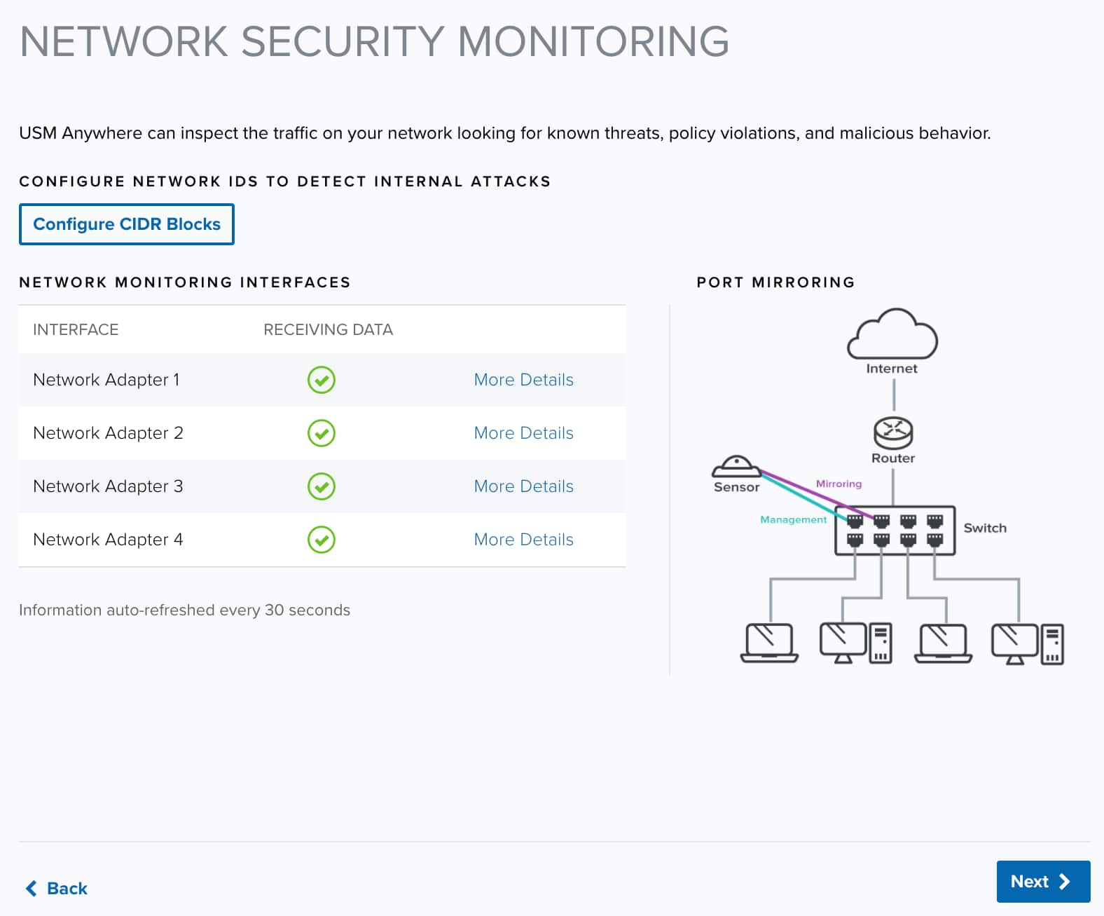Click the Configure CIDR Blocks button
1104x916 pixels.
[126, 224]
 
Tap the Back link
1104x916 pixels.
[57, 888]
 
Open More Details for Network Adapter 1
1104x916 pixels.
[523, 379]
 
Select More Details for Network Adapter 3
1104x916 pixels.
[523, 486]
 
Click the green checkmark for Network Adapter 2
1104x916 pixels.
[321, 433]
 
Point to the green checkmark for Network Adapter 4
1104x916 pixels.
[321, 539]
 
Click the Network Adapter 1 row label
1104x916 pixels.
[106, 379]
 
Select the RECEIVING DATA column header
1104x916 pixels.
[328, 329]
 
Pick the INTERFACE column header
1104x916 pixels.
[76, 329]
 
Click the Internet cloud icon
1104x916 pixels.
[892, 335]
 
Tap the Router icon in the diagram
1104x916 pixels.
[893, 433]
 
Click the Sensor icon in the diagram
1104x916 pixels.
[736, 466]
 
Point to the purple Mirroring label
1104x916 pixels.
[839, 484]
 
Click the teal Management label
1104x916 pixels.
[793, 519]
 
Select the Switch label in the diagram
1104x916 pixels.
[985, 528]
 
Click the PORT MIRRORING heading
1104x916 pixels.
[775, 282]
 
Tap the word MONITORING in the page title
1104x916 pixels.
[593, 41]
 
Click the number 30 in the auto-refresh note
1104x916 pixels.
[274, 610]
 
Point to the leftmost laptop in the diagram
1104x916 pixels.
[769, 643]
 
